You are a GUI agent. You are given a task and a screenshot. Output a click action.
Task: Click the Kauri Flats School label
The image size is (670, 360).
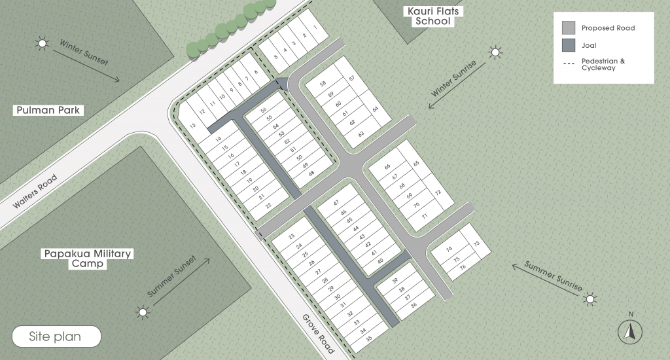pyautogui.click(x=432, y=16)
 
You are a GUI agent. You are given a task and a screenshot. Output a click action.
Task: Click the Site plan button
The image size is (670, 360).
pyautogui.click(x=55, y=337)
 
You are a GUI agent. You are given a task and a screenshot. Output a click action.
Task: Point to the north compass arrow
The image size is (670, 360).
pyautogui.click(x=630, y=332)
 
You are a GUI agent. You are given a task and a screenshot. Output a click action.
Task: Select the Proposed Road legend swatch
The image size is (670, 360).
pyautogui.click(x=569, y=28)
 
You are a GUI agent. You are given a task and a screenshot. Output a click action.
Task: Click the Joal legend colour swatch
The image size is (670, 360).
pyautogui.click(x=569, y=45)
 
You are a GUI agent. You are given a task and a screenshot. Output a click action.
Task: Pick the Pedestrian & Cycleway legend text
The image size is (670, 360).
pyautogui.click(x=603, y=64)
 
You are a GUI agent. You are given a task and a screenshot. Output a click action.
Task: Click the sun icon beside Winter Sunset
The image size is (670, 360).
pyautogui.click(x=43, y=44)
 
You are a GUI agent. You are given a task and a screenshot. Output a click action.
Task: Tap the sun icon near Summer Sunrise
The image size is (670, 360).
pyautogui.click(x=590, y=300)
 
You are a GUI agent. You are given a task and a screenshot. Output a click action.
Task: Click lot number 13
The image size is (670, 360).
pyautogui.click(x=192, y=125)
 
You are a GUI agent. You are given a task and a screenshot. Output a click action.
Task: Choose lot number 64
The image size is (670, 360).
pyautogui.click(x=376, y=109)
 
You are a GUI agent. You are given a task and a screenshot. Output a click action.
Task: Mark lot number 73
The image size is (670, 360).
pyautogui.click(x=476, y=244)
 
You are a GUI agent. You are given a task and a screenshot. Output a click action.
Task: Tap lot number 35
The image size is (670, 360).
pyautogui.click(x=369, y=338)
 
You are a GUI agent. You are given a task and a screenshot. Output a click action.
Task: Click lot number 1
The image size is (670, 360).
pyautogui.click(x=315, y=27)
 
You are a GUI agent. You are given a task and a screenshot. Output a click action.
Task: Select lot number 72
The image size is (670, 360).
pyautogui.click(x=438, y=192)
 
